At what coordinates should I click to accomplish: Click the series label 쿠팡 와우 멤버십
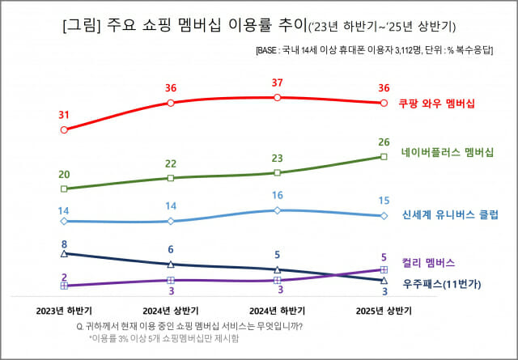click(x=436, y=104)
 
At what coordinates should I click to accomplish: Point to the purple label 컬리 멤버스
click(x=427, y=263)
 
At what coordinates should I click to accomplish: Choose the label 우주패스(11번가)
click(x=442, y=283)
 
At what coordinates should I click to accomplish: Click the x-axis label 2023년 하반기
click(x=64, y=310)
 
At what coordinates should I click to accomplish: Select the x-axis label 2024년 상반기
click(x=171, y=310)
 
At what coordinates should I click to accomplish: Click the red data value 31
click(x=64, y=115)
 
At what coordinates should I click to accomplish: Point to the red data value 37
click(x=278, y=83)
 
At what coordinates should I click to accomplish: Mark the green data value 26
click(x=384, y=142)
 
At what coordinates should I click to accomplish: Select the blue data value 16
click(x=278, y=196)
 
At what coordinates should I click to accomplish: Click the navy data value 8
click(x=64, y=244)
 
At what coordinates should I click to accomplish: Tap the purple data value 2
click(x=64, y=277)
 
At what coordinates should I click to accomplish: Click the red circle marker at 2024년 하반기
click(x=278, y=98)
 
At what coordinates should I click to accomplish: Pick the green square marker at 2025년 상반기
click(x=384, y=157)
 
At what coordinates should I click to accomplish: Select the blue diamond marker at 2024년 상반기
click(x=171, y=221)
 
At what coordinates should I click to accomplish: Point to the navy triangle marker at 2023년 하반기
click(x=64, y=253)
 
